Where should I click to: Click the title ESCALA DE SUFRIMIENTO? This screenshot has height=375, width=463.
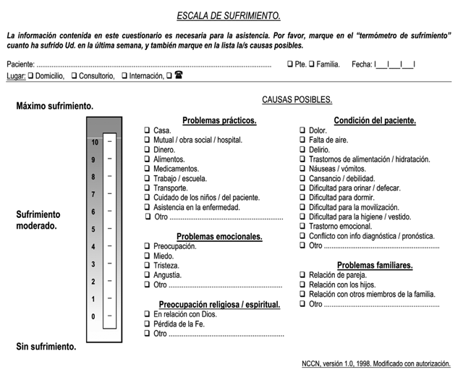(229, 16)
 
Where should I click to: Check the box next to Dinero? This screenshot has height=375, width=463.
(147, 150)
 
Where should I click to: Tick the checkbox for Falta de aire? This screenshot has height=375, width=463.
(303, 140)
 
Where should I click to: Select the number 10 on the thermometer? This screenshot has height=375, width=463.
(93, 143)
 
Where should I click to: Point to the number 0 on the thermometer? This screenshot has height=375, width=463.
(93, 316)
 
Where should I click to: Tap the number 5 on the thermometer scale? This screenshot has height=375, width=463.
(93, 229)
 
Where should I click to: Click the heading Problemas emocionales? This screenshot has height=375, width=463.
(219, 236)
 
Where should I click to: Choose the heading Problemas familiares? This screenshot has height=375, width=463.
(375, 265)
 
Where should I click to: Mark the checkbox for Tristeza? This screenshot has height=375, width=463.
(147, 266)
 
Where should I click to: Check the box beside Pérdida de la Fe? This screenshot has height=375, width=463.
(147, 324)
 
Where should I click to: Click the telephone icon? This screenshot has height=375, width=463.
(178, 75)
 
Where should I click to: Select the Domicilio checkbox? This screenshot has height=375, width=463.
(30, 75)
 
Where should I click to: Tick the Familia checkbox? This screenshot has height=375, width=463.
(312, 64)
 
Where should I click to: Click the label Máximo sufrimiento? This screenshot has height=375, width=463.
(54, 106)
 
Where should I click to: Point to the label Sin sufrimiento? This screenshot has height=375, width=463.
(46, 347)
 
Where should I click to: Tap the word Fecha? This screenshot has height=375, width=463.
(361, 64)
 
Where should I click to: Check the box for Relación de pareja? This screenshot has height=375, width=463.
(303, 275)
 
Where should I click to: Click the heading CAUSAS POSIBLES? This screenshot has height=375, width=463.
(297, 99)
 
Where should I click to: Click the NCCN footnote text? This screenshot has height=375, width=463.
(376, 363)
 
